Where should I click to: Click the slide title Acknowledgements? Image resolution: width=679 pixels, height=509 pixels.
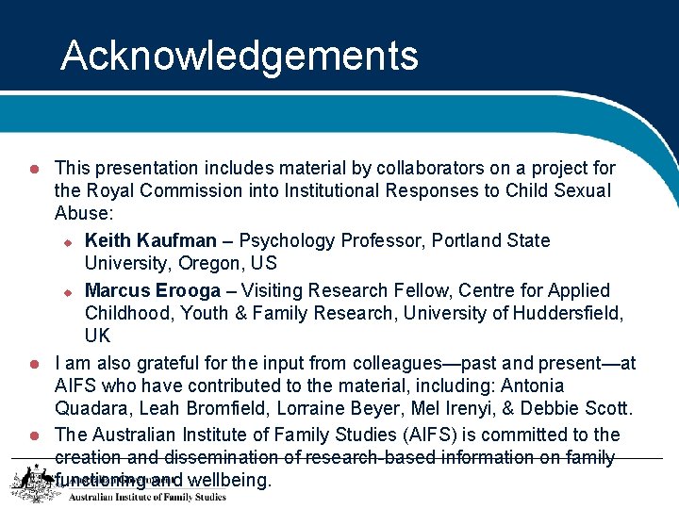240,56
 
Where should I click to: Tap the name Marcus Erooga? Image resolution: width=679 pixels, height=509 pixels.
152,290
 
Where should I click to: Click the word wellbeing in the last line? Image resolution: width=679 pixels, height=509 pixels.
229,481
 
